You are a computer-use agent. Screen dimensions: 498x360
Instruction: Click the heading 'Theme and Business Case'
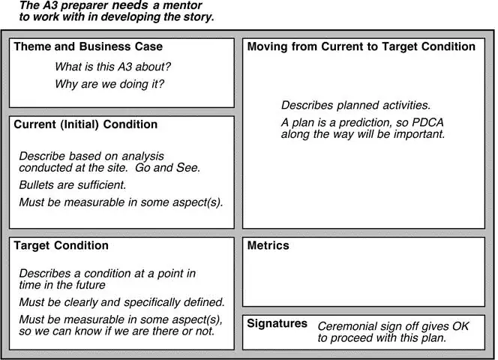click(x=88, y=46)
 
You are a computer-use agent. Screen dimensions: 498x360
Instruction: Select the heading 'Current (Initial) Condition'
click(x=85, y=124)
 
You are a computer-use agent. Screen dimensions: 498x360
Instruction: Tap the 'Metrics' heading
click(x=268, y=245)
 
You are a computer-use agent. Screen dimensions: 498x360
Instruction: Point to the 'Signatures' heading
click(x=277, y=323)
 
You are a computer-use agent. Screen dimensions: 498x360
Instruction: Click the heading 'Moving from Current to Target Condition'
click(x=361, y=46)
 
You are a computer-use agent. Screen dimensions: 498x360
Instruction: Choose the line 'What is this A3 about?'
click(x=112, y=67)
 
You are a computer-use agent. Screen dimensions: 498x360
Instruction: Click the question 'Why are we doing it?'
click(x=109, y=84)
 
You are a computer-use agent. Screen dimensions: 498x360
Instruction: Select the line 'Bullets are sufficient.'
click(x=73, y=185)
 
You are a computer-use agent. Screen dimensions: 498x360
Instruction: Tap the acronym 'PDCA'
click(x=427, y=123)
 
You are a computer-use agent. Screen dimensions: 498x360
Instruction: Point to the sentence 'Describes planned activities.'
click(x=356, y=105)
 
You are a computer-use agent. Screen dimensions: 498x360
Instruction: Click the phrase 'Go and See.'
click(x=168, y=168)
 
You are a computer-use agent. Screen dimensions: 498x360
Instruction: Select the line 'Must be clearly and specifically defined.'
click(x=122, y=302)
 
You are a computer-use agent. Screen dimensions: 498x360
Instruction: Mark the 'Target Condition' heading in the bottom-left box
click(x=61, y=245)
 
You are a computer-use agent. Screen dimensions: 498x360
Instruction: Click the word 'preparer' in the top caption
click(x=82, y=6)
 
